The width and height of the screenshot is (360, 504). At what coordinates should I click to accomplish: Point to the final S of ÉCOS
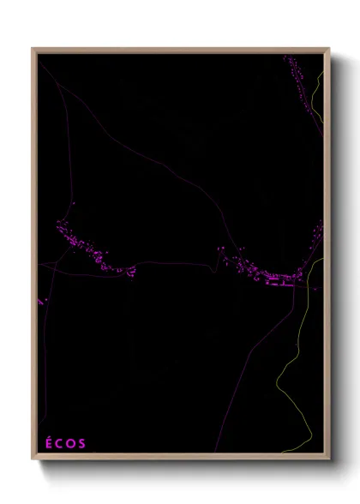82,444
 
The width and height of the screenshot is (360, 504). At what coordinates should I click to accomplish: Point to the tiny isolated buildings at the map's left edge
40,302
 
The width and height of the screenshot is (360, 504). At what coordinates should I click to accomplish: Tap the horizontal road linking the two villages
171,263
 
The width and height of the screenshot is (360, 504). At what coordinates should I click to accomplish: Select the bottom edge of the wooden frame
181,458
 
